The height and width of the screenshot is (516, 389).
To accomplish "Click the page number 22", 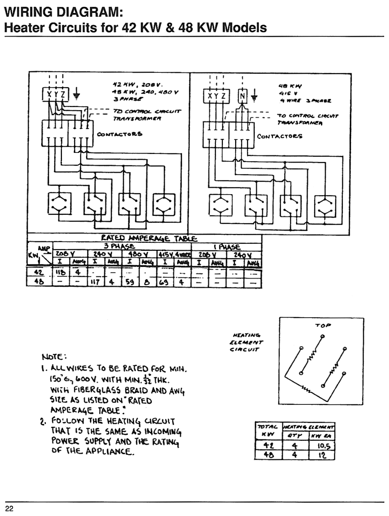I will tap(9, 509).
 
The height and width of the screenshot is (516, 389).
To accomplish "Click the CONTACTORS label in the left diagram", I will tap(120, 134).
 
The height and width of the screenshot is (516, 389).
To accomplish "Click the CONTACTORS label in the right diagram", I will tap(280, 136).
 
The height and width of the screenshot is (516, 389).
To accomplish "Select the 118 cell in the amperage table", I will tap(60, 273).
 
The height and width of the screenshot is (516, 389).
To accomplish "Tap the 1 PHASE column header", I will tap(227, 247).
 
